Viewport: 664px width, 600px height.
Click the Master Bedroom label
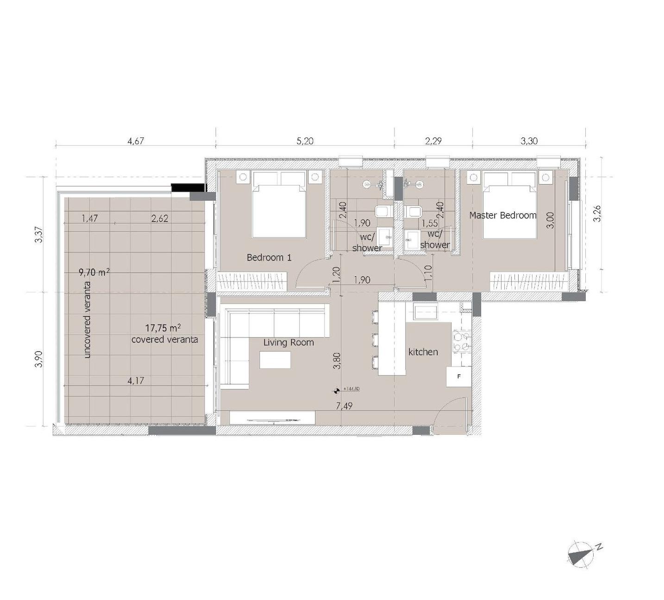pyautogui.click(x=502, y=215)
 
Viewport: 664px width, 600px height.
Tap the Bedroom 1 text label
pyautogui.click(x=269, y=257)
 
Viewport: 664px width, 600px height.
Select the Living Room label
pyautogui.click(x=288, y=343)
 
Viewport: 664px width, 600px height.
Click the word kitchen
pyautogui.click(x=423, y=352)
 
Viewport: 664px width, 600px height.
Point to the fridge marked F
pyautogui.click(x=458, y=376)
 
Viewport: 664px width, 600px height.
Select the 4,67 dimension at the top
pyautogui.click(x=136, y=141)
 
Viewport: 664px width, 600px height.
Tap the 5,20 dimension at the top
pyautogui.click(x=305, y=141)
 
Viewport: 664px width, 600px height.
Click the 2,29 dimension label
pyautogui.click(x=433, y=141)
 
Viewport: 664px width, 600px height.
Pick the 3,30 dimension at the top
pyautogui.click(x=529, y=141)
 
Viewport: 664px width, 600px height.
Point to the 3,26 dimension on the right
pyautogui.click(x=597, y=213)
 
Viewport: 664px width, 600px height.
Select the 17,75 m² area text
pyautogui.click(x=163, y=328)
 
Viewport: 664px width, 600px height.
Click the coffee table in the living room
pyautogui.click(x=275, y=360)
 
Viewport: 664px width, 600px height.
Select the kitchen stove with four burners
pyautogui.click(x=462, y=342)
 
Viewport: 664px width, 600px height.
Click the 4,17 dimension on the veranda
pyautogui.click(x=136, y=381)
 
